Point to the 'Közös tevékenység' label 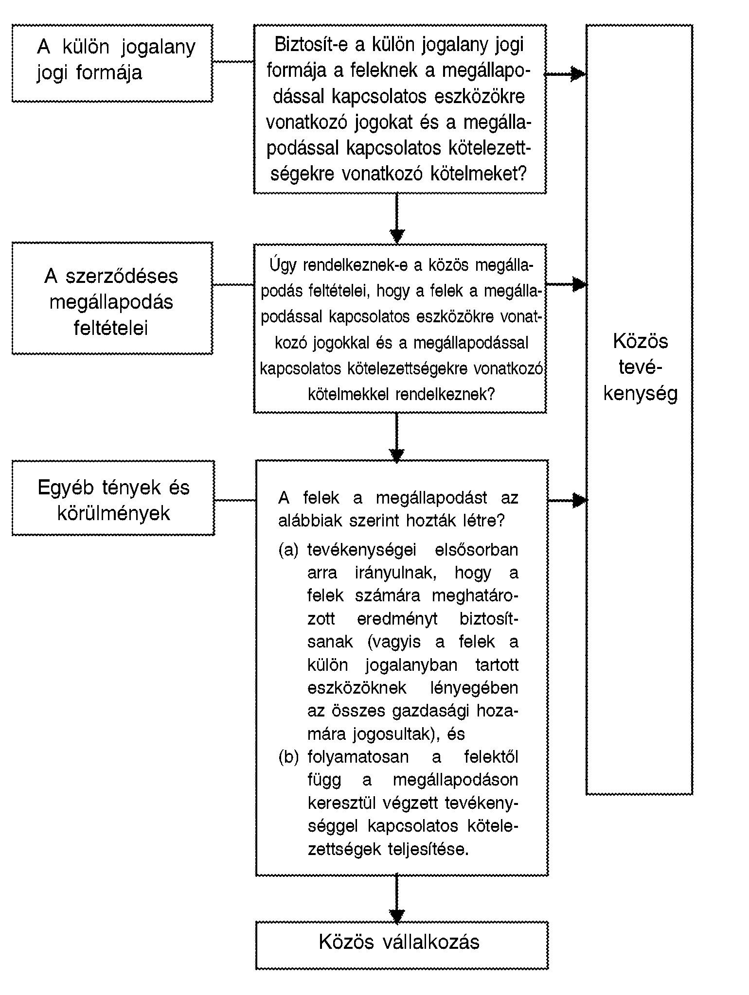coord(641,367)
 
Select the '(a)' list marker coord(288,550)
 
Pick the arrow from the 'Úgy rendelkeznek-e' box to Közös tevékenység coord(566,284)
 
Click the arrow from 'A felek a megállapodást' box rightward coord(568,500)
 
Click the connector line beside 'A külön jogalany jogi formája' coord(233,62)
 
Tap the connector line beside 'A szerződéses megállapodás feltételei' coord(233,285)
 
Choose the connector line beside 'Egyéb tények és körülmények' coord(235,500)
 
